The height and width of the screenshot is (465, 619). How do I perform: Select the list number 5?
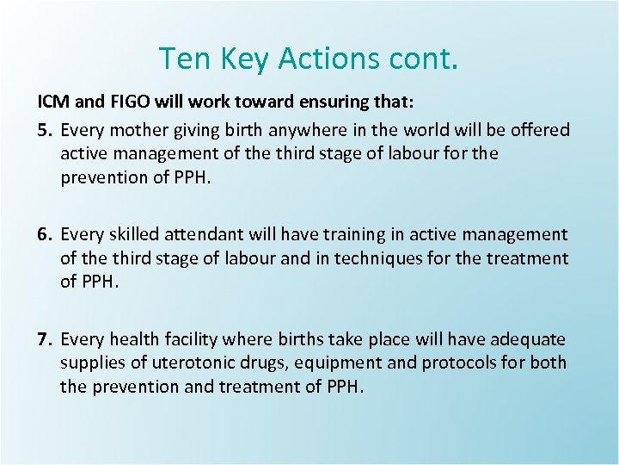[x=45, y=130]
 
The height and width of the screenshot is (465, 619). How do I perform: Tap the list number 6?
[x=45, y=234]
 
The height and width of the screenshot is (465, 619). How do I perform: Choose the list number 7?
[x=45, y=339]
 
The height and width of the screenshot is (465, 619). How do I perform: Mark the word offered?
[x=539, y=130]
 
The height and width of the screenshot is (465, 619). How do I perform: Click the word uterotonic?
[x=185, y=363]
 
